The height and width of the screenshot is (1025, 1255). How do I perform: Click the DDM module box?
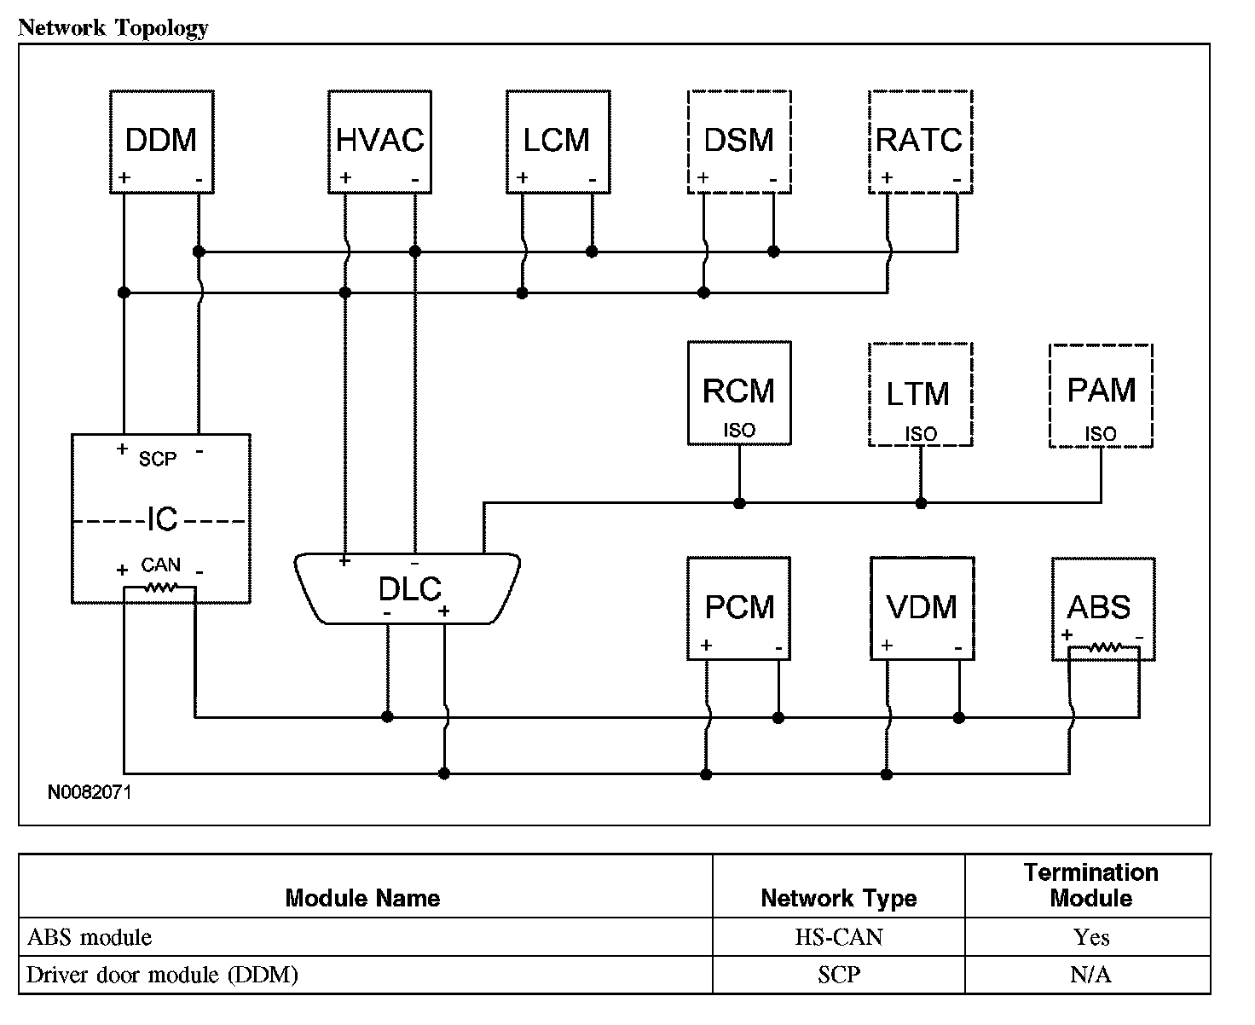[x=161, y=141]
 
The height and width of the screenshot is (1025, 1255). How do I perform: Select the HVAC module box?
[x=379, y=141]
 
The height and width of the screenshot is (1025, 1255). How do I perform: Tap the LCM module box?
[x=558, y=141]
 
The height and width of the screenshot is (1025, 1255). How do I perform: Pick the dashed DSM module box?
[x=739, y=141]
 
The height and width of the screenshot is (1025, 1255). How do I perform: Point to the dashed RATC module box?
[x=920, y=141]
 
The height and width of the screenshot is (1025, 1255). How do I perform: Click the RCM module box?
[x=739, y=393]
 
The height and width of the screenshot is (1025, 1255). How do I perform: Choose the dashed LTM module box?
[x=920, y=395]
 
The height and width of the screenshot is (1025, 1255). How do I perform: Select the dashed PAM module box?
[x=1101, y=395]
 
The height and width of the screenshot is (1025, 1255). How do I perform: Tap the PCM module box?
[x=739, y=608]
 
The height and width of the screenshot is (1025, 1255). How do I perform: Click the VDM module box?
[x=922, y=608]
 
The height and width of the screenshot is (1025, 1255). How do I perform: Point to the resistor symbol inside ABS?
[x=1104, y=649]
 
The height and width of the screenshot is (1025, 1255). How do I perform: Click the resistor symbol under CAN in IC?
[x=160, y=588]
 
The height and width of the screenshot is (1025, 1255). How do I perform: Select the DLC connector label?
[x=409, y=589]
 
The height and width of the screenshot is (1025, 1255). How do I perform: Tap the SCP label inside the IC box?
[x=158, y=459]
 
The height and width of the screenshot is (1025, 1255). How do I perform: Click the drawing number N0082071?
[x=90, y=792]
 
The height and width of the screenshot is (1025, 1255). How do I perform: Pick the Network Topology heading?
[x=113, y=28]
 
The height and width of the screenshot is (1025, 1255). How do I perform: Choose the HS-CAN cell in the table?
[x=839, y=938]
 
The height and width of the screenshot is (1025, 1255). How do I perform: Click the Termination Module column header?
[x=1090, y=885]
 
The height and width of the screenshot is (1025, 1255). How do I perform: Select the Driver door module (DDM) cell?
[x=162, y=975]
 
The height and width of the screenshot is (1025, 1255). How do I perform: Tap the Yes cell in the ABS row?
[x=1091, y=938]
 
